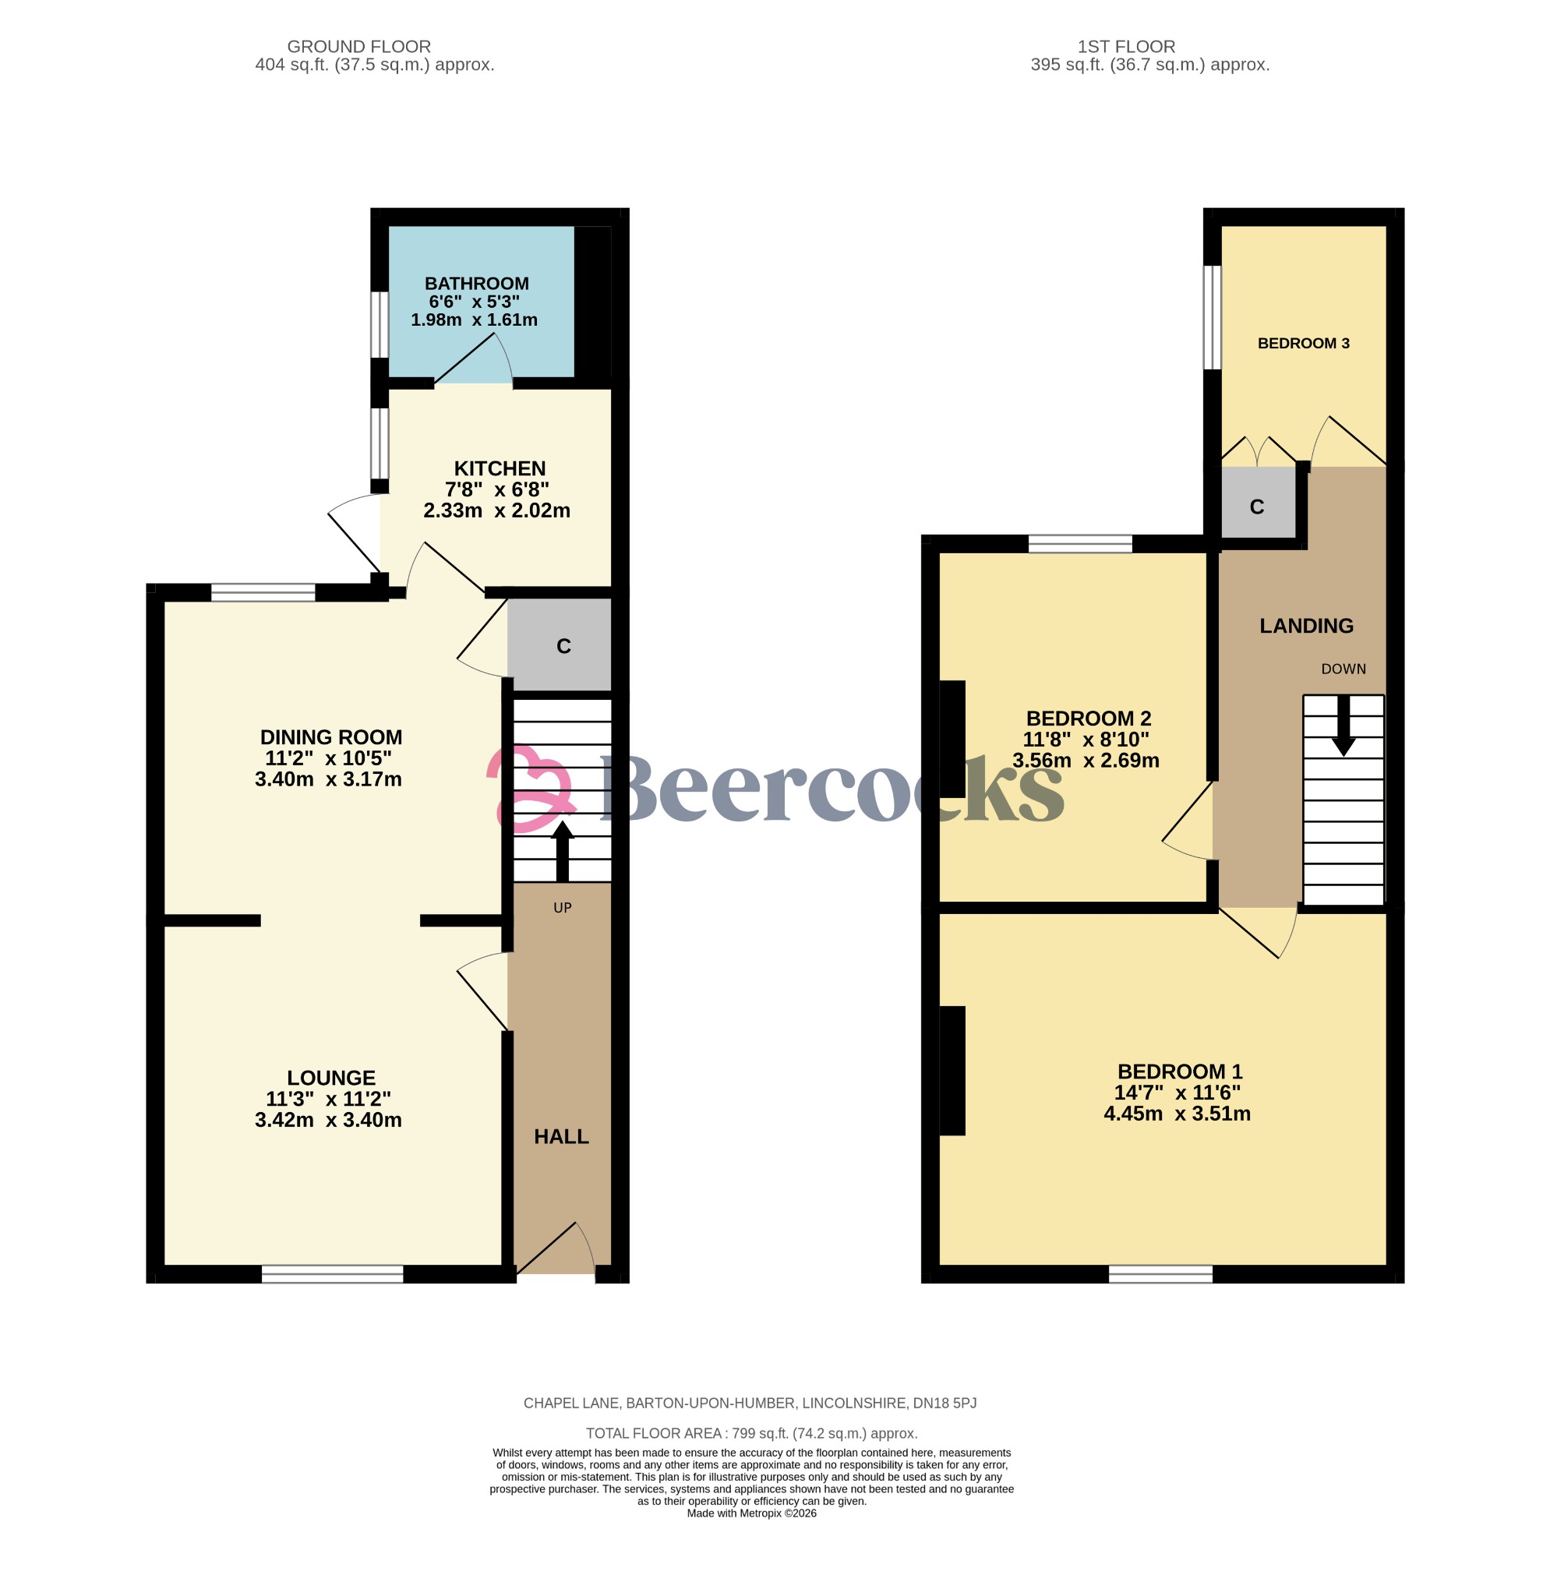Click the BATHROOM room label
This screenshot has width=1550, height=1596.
click(x=476, y=284)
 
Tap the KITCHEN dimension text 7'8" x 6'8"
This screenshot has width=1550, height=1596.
click(x=496, y=489)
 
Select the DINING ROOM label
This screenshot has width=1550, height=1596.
click(x=330, y=737)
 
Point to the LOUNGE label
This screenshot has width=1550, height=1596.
click(x=330, y=1077)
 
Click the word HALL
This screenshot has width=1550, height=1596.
click(x=561, y=1137)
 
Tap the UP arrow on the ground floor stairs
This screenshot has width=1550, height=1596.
click(x=562, y=852)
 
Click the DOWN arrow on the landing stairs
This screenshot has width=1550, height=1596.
click(x=1343, y=725)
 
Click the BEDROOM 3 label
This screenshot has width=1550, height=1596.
click(x=1302, y=344)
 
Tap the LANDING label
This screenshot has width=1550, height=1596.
click(x=1306, y=625)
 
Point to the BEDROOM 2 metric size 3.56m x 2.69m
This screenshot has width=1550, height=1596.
click(x=1086, y=761)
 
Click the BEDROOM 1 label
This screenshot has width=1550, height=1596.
click(x=1179, y=1072)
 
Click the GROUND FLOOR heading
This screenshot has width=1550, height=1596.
click(x=359, y=47)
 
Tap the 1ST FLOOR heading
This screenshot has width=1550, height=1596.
click(x=1126, y=47)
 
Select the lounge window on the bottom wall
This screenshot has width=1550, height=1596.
click(x=332, y=1273)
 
